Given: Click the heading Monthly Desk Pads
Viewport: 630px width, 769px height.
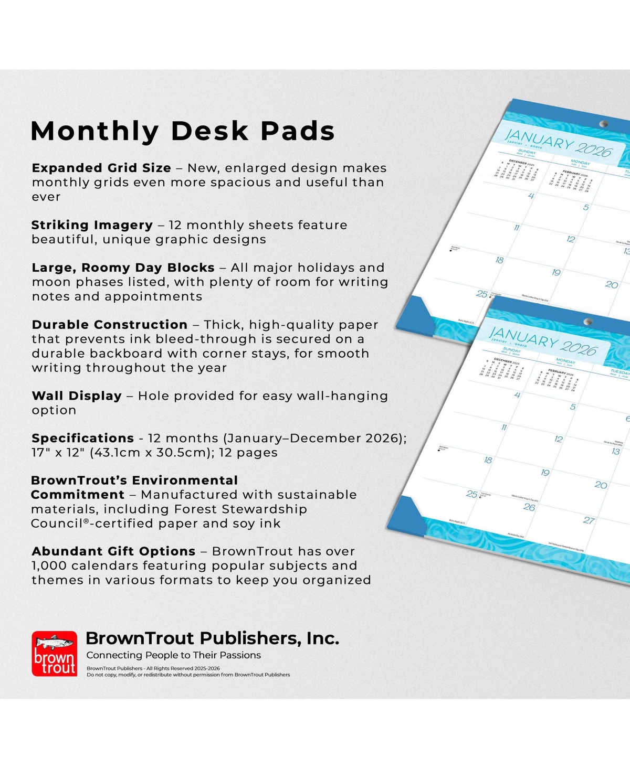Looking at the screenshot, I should (183, 131).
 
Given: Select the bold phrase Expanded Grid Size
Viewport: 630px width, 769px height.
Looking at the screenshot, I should (101, 168).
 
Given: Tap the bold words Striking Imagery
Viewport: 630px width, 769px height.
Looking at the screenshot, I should (92, 225).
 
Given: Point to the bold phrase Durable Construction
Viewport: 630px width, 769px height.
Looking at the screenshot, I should (109, 325).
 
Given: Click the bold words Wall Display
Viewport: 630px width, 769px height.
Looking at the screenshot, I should (77, 396).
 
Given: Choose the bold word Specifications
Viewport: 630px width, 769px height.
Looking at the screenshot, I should (82, 438).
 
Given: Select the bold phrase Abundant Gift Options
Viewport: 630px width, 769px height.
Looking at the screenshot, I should (113, 551).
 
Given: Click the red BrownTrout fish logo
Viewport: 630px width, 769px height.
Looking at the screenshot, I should (55, 654).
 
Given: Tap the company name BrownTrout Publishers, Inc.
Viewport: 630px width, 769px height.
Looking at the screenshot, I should (212, 638).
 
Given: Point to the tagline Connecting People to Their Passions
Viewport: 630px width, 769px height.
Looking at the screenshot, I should (173, 655).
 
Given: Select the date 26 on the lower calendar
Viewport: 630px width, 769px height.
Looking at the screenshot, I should (529, 507).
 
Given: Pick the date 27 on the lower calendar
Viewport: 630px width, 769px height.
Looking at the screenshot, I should (589, 520).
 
